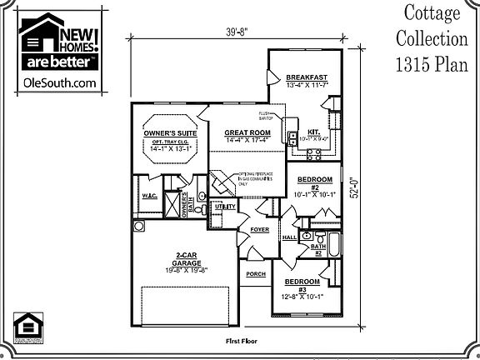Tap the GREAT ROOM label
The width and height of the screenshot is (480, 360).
coord(247,132)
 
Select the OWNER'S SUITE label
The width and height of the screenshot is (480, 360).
coord(169,132)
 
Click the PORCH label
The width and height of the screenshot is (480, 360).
coord(255,274)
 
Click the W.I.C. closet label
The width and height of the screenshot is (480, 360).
coord(150,197)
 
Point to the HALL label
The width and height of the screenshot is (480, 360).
coord(290,237)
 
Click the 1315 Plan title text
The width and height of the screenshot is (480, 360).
coord(432,64)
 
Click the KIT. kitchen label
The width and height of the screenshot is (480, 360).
coord(314,132)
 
